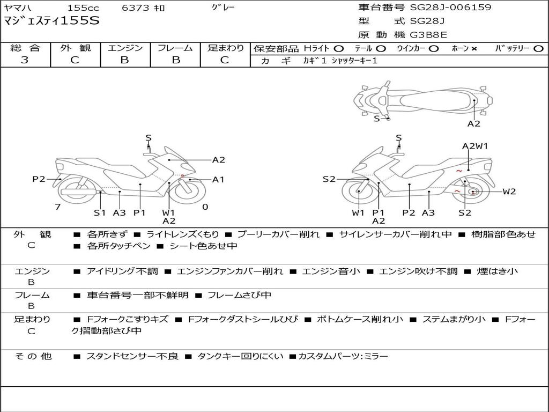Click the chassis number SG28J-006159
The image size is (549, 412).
point(450,8)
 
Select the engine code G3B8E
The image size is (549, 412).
point(428,35)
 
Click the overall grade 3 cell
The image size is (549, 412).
point(25,60)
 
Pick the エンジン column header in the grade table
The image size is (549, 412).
point(125,48)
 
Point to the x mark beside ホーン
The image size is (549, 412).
point(474,49)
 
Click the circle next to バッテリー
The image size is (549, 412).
point(538,49)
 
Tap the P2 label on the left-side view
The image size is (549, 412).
point(39,179)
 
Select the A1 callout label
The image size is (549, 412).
point(218,180)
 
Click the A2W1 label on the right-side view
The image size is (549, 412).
point(475,146)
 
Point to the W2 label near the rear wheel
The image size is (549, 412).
point(509,192)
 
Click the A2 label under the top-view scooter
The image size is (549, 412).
point(474,124)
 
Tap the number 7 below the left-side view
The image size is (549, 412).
point(57,207)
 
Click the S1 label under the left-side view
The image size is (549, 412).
point(100,212)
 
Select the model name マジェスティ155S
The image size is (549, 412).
point(51,21)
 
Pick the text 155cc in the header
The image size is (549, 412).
point(83,8)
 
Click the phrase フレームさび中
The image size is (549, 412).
point(239,295)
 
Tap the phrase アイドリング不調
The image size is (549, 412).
point(122,271)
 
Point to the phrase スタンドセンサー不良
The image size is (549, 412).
point(132,356)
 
